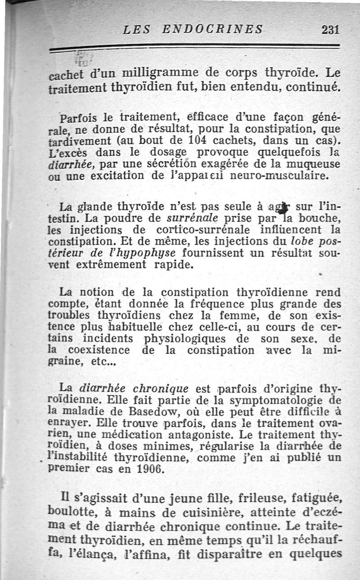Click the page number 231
tap(330, 30)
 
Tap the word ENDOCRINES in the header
tap(212, 30)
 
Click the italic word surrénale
tap(193, 219)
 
